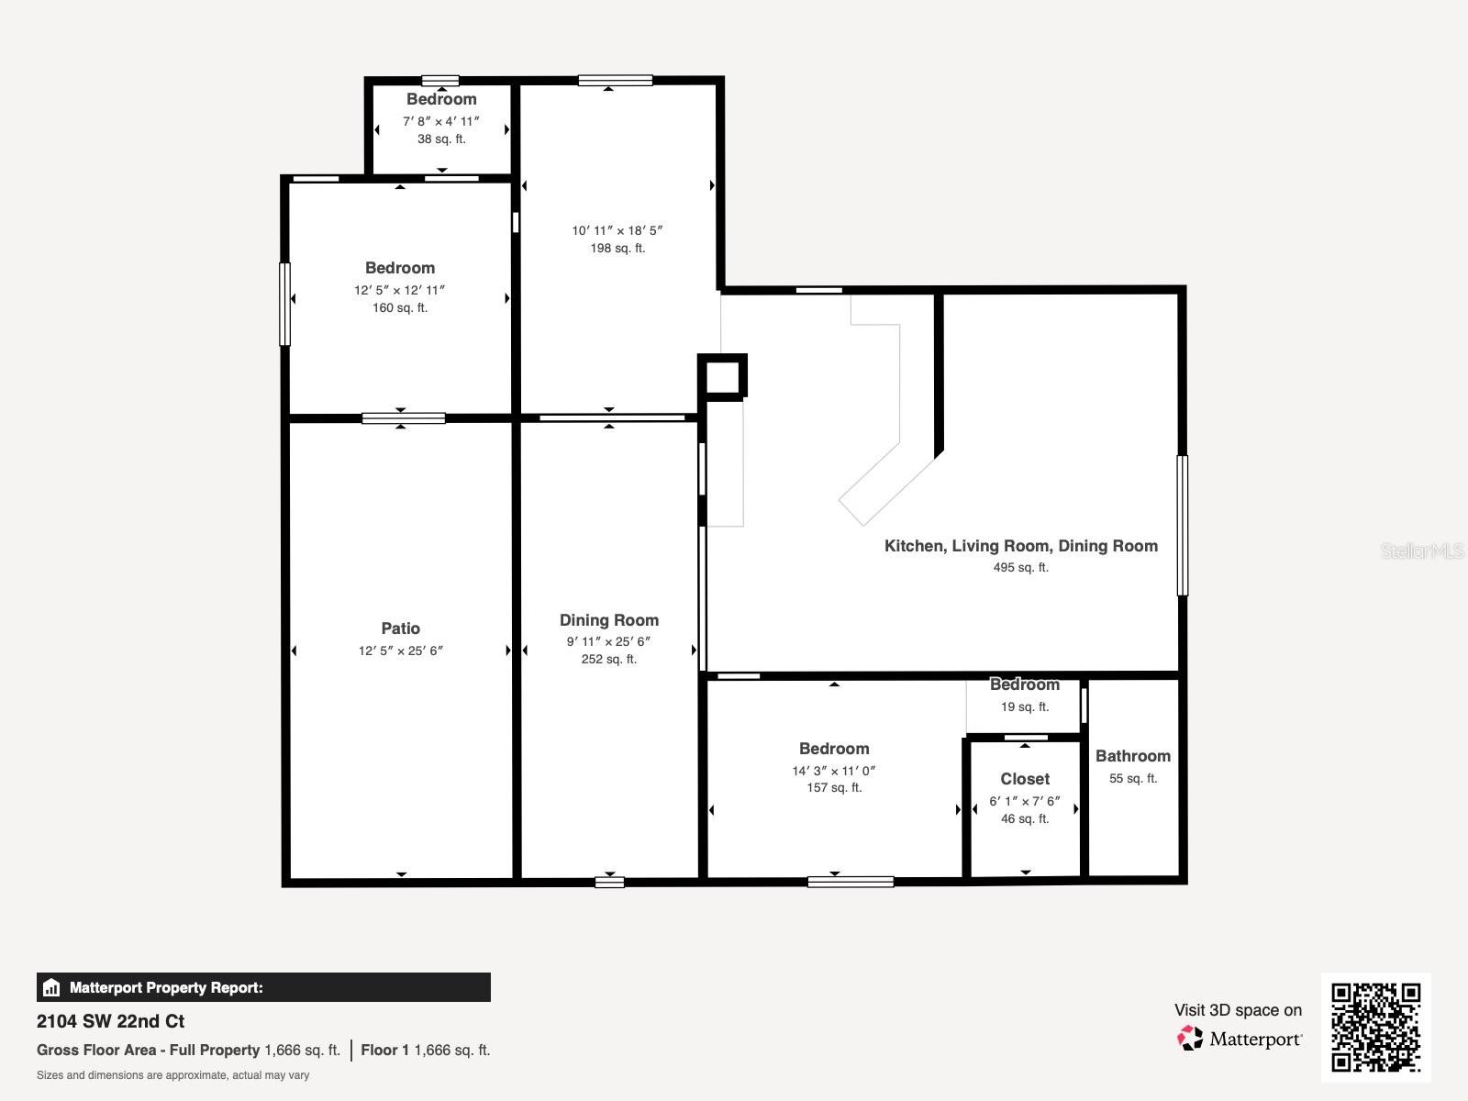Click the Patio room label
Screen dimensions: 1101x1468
[x=401, y=628]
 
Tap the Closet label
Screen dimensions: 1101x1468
[x=1025, y=779]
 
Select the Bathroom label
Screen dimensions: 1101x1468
[x=1133, y=756]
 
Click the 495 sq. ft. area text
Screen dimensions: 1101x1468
[x=1020, y=568]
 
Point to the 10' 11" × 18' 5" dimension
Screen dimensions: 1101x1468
[x=617, y=231]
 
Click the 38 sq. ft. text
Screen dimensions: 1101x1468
[x=441, y=139]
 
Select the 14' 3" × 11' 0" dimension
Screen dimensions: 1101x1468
[x=834, y=771]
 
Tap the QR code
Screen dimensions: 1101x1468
[x=1375, y=1028]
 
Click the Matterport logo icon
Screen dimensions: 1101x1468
[x=1190, y=1038]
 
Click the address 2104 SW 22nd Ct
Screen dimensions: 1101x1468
[x=111, y=1021]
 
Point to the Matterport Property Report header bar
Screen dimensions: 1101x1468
[x=263, y=987]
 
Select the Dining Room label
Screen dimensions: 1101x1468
[x=609, y=620]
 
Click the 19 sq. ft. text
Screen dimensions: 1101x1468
[x=1025, y=707]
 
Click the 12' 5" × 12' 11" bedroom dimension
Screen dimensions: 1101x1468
[x=400, y=290]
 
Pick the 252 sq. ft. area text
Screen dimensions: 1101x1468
[x=609, y=660]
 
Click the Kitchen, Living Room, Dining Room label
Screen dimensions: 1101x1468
[x=1020, y=546]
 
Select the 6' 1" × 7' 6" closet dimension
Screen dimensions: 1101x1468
[x=1025, y=801]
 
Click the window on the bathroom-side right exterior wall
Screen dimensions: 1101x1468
[x=1183, y=526]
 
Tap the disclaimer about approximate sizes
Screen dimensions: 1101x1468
[x=173, y=1075]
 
